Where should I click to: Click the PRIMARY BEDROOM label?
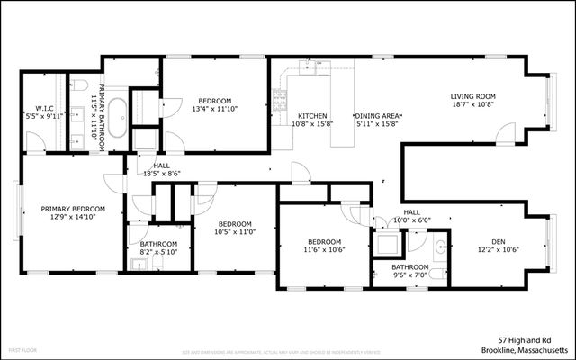(x=73, y=209)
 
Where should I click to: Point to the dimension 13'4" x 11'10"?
(x=216, y=110)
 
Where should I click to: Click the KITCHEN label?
(x=312, y=116)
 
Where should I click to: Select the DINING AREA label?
(x=377, y=116)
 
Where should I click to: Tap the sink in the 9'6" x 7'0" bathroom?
(x=440, y=247)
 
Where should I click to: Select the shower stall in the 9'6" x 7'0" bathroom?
(x=389, y=245)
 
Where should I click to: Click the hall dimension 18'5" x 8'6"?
(x=162, y=174)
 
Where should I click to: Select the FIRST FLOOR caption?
(x=22, y=348)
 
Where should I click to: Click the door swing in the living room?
(x=508, y=136)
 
